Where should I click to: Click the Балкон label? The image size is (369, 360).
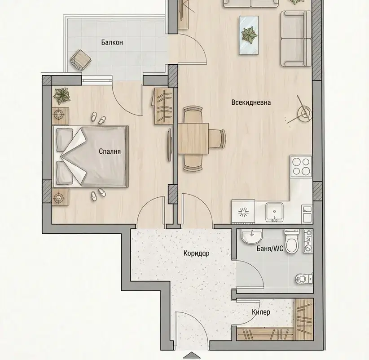pos(112,42)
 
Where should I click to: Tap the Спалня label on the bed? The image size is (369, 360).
pos(110,151)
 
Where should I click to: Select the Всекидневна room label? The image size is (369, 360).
pos(251,102)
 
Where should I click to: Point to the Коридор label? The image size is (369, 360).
pos(196,253)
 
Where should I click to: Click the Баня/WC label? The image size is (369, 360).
pos(270,249)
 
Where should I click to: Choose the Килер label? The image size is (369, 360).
pos(261,312)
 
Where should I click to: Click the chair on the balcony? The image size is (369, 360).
pos(81,60)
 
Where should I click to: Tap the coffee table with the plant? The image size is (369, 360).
pos(249,36)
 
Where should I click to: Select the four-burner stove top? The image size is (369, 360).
pos(301,166)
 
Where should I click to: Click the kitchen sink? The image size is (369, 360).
pos(274,212)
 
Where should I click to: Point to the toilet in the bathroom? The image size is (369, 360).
pos(292,241)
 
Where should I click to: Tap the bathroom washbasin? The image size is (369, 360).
pos(251,236)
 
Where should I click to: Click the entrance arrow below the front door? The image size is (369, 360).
pos(192,356)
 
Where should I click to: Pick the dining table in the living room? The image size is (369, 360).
pos(193,138)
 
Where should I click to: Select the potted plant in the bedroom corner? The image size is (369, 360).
pos(61,96)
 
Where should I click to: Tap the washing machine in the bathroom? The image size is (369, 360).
pos(308,241)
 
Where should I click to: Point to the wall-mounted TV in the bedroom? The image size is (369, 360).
pos(169,145)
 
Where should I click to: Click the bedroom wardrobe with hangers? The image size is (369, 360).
pos(163,106)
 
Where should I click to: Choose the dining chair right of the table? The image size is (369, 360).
pos(217,138)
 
